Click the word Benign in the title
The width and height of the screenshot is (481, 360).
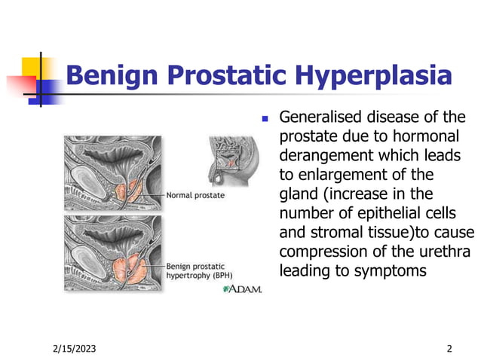tap(112, 76)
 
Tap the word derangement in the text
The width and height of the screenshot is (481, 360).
tap(323, 156)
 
